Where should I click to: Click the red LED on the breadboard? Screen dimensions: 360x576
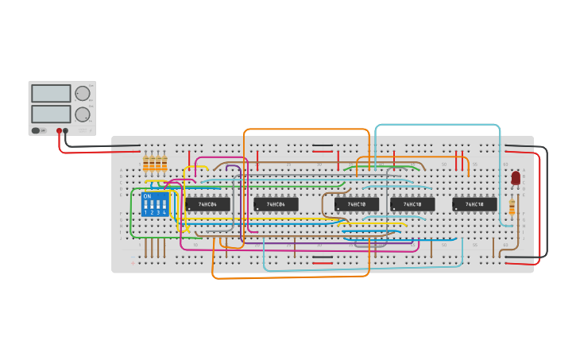click(516, 178)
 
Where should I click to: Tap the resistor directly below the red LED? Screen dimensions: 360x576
click(512, 207)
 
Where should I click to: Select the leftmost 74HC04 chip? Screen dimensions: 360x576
click(208, 204)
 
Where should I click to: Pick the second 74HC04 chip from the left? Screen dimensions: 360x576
click(276, 204)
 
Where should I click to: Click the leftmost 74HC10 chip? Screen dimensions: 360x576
click(357, 204)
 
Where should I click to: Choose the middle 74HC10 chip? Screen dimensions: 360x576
click(412, 204)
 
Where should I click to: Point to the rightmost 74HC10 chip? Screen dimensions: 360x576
click(474, 204)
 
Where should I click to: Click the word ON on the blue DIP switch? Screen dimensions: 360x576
click(147, 195)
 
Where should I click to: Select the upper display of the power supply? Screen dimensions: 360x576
click(51, 93)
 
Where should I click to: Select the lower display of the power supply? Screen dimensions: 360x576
click(51, 114)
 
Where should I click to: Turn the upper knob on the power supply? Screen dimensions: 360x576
click(83, 93)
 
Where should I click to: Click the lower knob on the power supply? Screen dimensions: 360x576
click(83, 114)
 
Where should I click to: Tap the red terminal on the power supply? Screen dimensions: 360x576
click(59, 130)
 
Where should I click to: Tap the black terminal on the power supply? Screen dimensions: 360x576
click(66, 130)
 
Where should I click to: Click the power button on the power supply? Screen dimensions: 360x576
click(36, 130)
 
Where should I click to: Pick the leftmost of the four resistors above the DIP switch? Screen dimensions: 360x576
click(145, 164)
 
